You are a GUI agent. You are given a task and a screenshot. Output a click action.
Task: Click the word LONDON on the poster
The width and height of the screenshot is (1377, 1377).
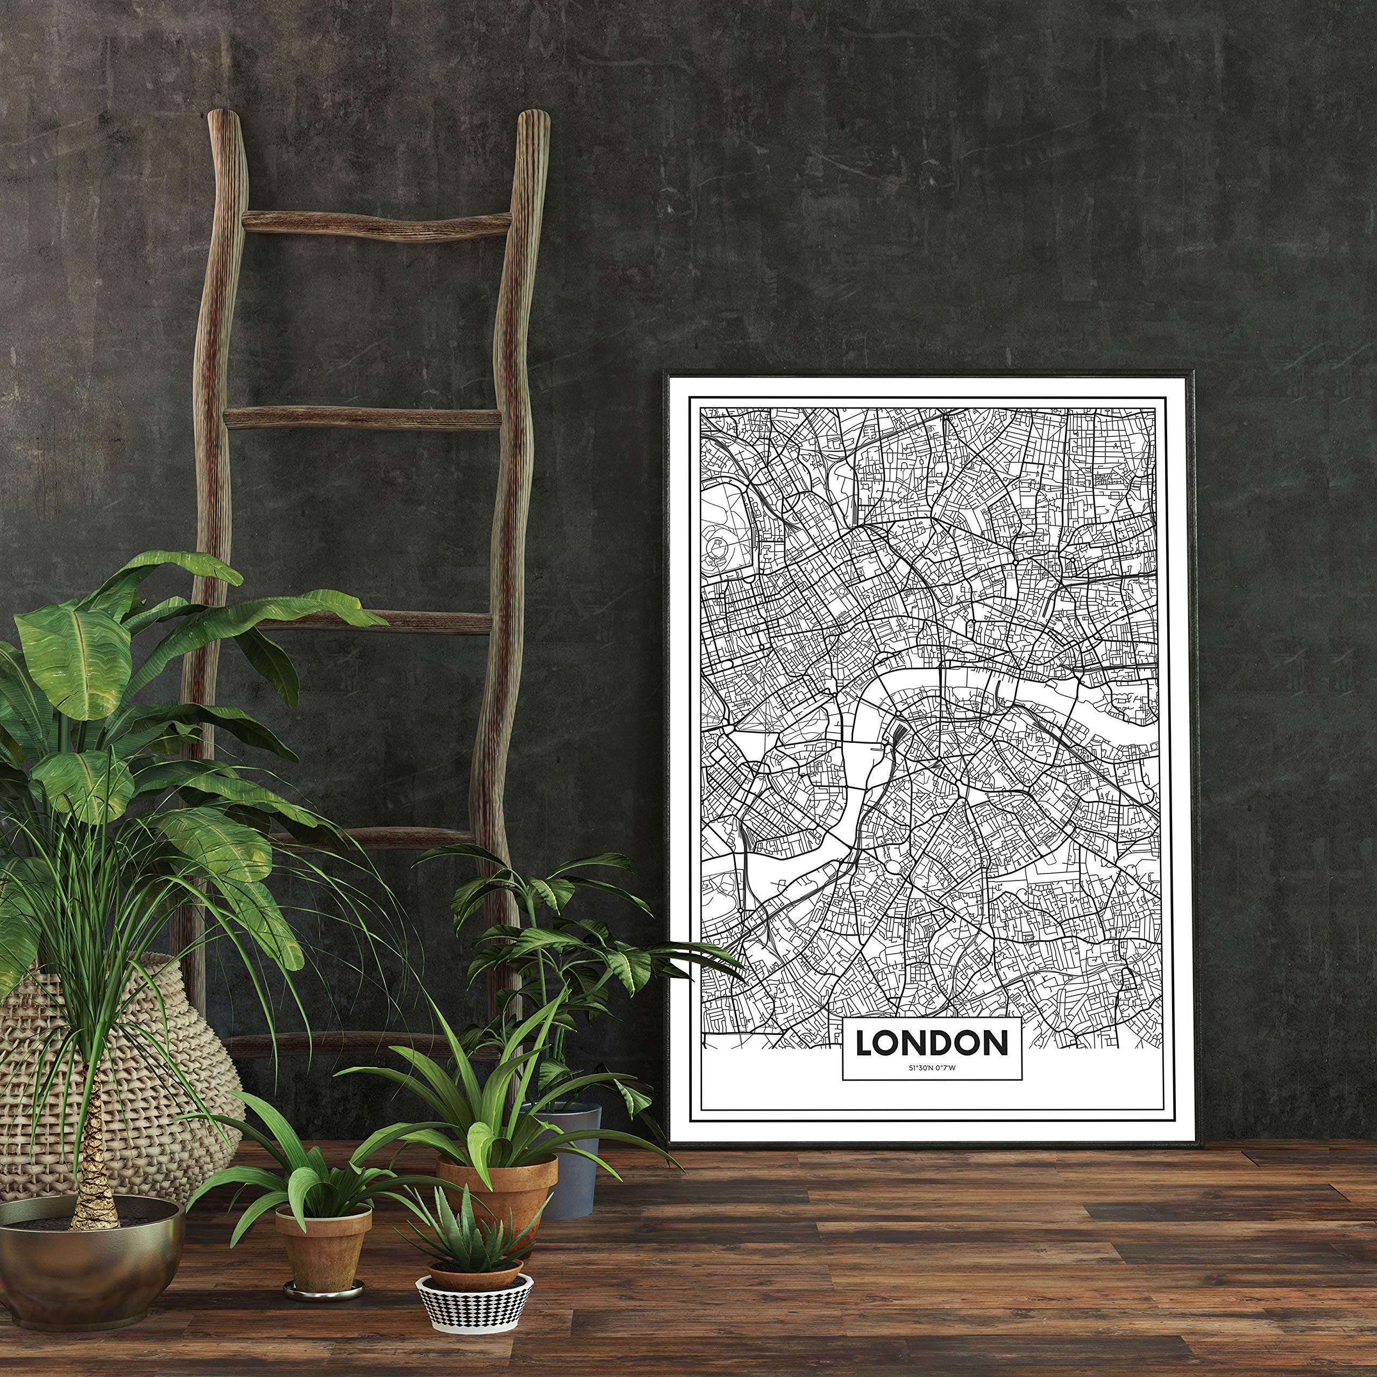click(x=932, y=1043)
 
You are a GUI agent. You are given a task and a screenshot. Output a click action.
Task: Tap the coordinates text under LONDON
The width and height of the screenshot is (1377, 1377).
click(x=931, y=1067)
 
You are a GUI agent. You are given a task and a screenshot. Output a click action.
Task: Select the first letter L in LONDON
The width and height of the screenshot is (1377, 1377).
click(x=864, y=1043)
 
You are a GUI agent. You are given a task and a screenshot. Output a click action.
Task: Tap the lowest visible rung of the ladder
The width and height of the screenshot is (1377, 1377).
click(x=357, y=1044)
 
